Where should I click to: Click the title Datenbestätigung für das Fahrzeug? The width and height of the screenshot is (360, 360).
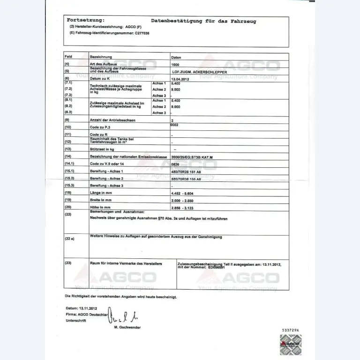click(x=203, y=21)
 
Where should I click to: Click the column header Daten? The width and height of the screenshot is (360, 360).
click(x=177, y=56)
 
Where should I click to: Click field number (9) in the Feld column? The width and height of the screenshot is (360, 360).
click(x=67, y=120)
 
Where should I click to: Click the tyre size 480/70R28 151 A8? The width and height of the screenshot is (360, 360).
click(x=193, y=172)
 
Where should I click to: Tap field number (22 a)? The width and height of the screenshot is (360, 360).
click(x=69, y=239)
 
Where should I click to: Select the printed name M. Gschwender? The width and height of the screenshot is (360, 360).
click(x=127, y=327)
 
